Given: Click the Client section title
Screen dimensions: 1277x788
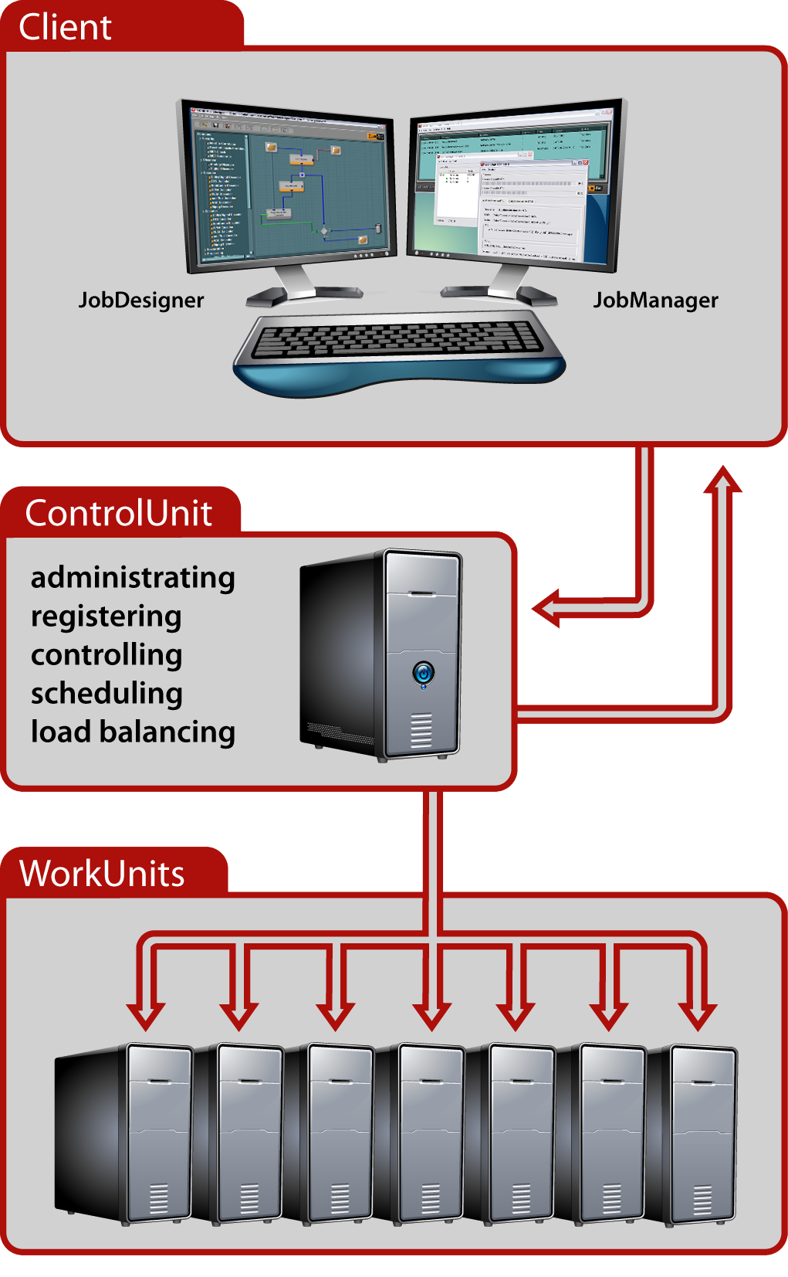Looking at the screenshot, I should tap(66, 28).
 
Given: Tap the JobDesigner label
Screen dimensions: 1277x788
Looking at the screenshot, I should tap(141, 300).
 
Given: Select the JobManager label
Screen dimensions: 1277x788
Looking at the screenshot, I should tap(655, 300).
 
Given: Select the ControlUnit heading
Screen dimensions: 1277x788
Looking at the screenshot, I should tap(118, 513).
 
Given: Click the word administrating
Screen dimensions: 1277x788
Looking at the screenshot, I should tap(133, 578).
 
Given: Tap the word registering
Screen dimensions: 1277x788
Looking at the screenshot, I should tap(107, 616).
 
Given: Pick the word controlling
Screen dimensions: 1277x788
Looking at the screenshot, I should tap(107, 655).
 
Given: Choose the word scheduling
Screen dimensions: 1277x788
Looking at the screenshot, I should tap(107, 694).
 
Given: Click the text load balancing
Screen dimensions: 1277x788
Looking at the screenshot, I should tap(133, 732).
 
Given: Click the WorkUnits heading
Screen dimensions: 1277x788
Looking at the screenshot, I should tap(102, 874).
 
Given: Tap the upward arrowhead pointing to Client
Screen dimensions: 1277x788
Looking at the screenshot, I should tap(722, 481).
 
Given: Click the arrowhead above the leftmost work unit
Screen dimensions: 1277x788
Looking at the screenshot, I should tap(146, 1015).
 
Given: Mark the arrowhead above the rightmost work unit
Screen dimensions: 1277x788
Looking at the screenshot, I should tap(698, 1015).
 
